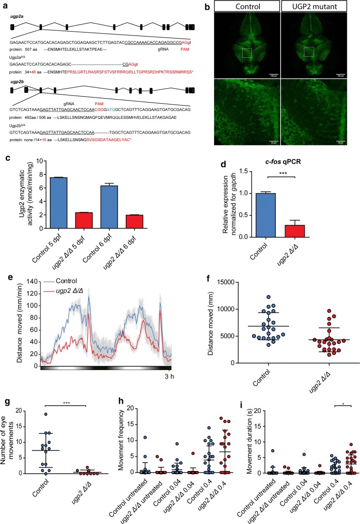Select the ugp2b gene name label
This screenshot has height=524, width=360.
(18, 79)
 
